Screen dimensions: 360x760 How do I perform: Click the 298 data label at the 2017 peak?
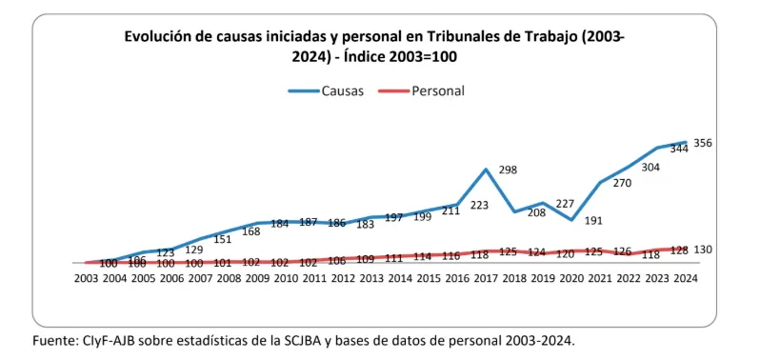pos(508,170)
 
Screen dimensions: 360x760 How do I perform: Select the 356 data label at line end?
pos(703,143)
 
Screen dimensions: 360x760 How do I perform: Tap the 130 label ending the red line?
pos(703,250)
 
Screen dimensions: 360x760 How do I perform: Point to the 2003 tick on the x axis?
pos(86,278)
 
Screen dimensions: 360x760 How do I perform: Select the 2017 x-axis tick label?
pos(486,278)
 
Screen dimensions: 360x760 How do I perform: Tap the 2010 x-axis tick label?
pos(286,278)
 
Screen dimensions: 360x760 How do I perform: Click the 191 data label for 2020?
pos(594,221)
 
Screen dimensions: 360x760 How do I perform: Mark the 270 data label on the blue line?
pos(622,183)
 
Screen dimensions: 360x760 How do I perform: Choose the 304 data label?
pos(650,167)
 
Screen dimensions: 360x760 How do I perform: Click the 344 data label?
pos(679,149)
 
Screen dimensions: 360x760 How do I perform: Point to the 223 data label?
pos(479,205)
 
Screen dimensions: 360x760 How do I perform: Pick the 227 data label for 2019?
pos(565,204)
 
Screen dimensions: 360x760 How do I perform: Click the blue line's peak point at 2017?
pos(486,170)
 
